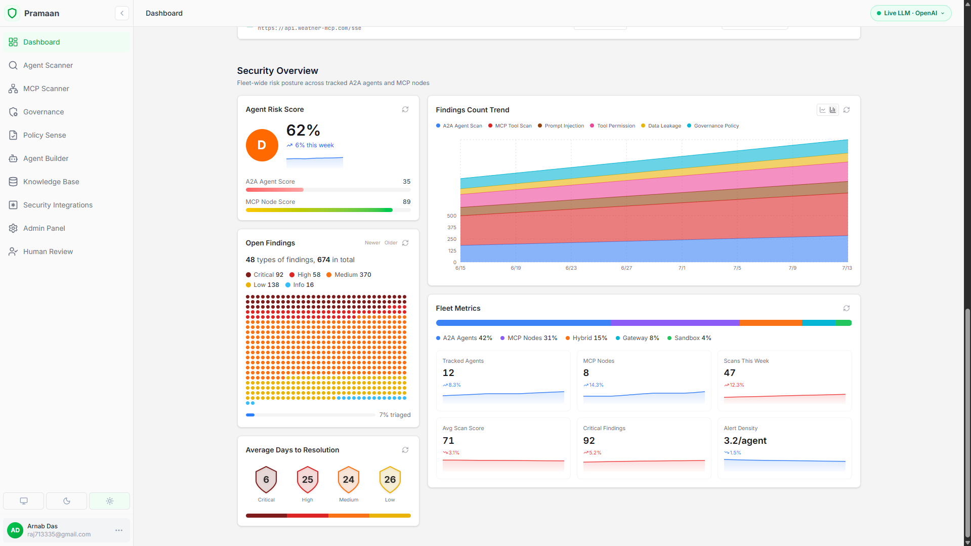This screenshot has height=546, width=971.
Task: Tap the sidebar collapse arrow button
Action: pyautogui.click(x=122, y=13)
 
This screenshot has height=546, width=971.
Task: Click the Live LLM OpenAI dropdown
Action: pyautogui.click(x=911, y=13)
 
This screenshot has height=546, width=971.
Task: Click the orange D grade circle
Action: pyautogui.click(x=262, y=145)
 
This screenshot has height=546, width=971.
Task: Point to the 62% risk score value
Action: pyautogui.click(x=303, y=131)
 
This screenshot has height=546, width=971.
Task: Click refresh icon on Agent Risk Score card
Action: pyautogui.click(x=405, y=109)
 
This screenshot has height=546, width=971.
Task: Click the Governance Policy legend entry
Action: pyautogui.click(x=713, y=126)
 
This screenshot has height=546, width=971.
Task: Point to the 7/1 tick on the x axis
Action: pyautogui.click(x=682, y=268)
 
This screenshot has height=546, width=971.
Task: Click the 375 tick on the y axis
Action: pyautogui.click(x=452, y=228)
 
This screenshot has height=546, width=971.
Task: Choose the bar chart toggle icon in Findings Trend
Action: pyautogui.click(x=833, y=110)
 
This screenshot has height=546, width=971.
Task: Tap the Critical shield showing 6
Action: pyautogui.click(x=266, y=480)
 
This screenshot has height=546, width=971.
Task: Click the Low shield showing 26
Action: pyautogui.click(x=390, y=480)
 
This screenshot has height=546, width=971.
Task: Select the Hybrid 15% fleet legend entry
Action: pyautogui.click(x=586, y=338)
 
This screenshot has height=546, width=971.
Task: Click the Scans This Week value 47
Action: pyautogui.click(x=730, y=373)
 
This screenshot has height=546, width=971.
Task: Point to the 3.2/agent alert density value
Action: pyautogui.click(x=745, y=441)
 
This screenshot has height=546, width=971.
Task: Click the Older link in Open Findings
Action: pyautogui.click(x=391, y=243)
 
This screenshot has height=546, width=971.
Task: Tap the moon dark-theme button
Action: pyautogui.click(x=67, y=501)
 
